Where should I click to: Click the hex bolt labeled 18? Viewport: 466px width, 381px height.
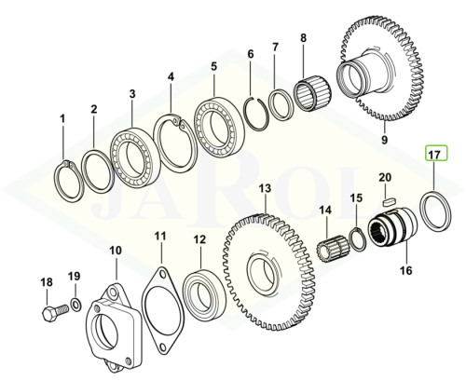click(x=55, y=312)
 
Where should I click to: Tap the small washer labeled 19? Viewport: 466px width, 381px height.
click(x=75, y=304)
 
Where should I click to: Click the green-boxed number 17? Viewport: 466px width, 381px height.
click(x=436, y=153)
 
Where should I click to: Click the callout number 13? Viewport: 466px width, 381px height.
click(x=265, y=188)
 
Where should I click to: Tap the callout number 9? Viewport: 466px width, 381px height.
click(x=384, y=140)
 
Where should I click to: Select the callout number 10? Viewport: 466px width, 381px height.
click(x=116, y=251)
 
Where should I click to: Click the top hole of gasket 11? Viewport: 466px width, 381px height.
click(x=162, y=275)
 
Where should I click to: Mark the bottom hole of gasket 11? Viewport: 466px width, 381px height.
click(x=162, y=347)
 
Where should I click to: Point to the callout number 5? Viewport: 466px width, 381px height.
click(x=214, y=67)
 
